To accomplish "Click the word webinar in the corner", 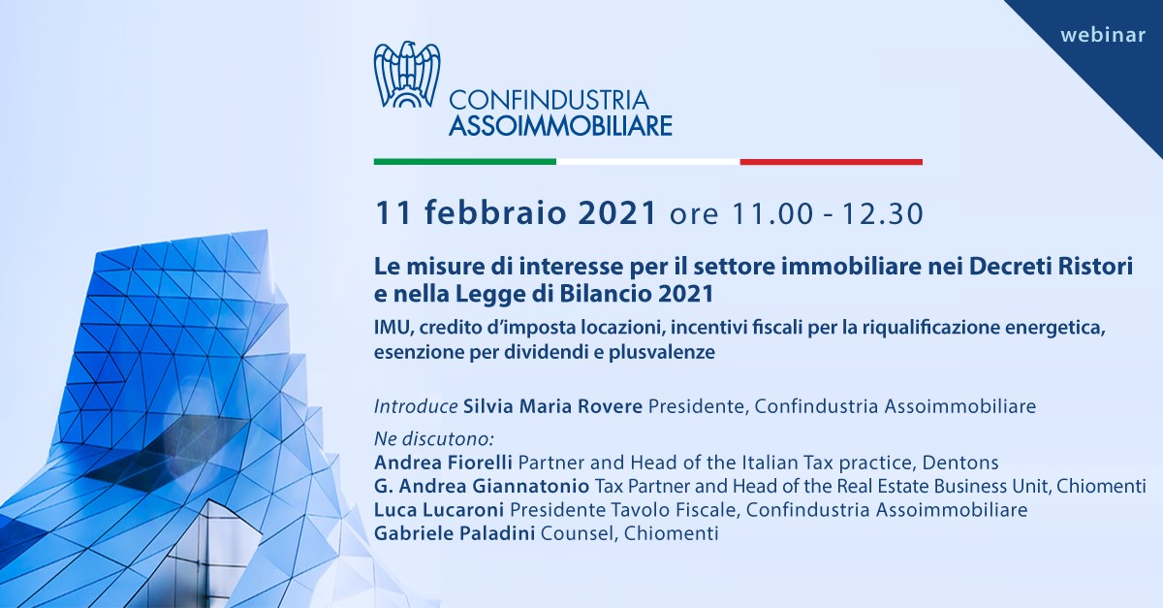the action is pos(1103,35).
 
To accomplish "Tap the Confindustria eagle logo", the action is pos(407,75).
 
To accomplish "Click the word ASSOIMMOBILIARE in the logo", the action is pos(561,126).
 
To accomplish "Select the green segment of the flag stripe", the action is pos(464,162).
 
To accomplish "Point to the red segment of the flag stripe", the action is pos(832,162).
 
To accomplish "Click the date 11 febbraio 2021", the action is pos(516,213).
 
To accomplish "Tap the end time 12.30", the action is pos(883,213).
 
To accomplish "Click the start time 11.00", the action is pos(772,213).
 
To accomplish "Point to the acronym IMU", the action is pos(393,328).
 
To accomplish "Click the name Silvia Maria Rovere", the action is pos(553,406).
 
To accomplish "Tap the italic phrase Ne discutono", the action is pos(434,439).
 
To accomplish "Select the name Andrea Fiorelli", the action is pos(444,462).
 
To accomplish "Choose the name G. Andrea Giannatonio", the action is pos(482,486).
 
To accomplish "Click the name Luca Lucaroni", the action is pos(439,510).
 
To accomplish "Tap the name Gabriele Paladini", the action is pos(455,533).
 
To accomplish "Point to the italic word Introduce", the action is pos(416,406).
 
